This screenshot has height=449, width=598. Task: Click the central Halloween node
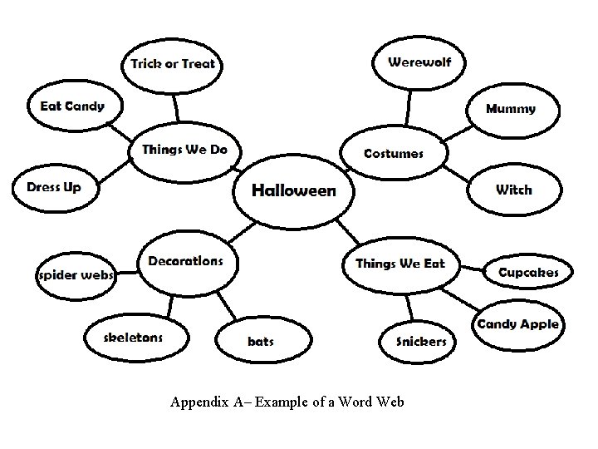coord(294,190)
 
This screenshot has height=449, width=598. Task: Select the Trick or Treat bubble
coord(172,64)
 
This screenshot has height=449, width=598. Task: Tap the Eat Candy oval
coord(73,106)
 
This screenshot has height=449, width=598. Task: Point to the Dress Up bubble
coord(54,187)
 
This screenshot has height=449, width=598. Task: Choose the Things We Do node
coord(184,150)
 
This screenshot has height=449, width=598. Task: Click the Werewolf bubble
coord(419,62)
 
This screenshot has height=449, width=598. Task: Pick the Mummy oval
coord(511,109)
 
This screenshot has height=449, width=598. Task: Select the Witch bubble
coord(513,190)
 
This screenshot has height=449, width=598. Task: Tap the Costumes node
coord(394,153)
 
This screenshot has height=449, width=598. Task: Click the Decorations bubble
coord(185,261)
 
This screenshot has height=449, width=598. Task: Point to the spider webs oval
coord(76,275)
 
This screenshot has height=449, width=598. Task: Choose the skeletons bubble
coord(133,338)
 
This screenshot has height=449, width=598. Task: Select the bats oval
coord(261,341)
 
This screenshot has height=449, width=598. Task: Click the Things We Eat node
coord(400,264)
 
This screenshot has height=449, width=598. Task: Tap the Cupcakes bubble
coord(528,273)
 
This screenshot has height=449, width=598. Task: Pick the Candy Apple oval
coord(517,324)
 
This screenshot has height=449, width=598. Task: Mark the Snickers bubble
coord(421,341)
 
